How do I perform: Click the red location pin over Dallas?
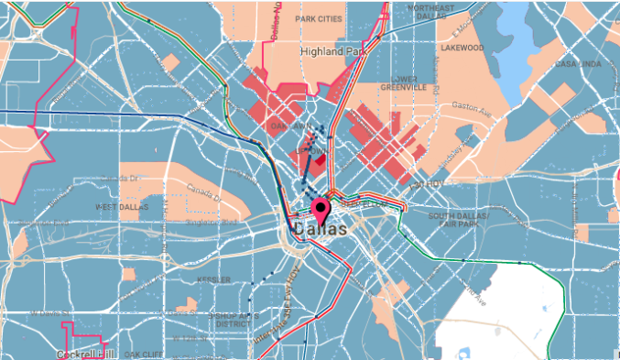click(x=321, y=210)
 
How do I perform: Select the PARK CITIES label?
click(x=319, y=18)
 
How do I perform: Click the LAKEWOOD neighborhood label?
click(x=461, y=48)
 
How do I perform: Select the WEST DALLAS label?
click(x=123, y=208)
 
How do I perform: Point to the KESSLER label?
click(x=213, y=279)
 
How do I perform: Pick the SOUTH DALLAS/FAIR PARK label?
click(x=460, y=219)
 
